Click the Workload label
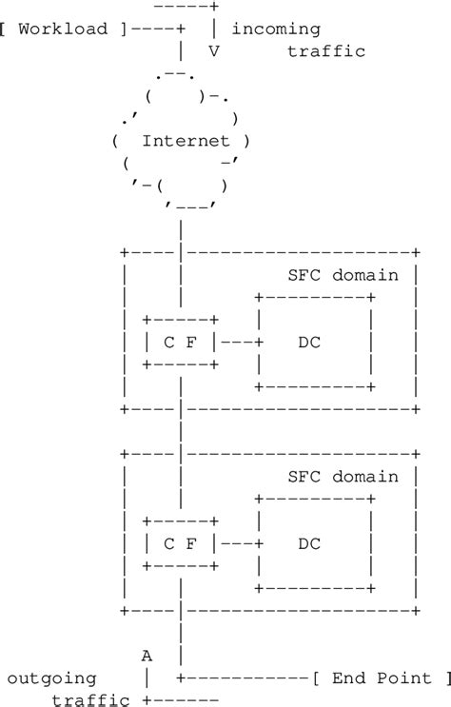(x=63, y=29)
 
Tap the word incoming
(x=276, y=29)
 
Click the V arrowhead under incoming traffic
(x=213, y=51)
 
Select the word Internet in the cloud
(x=186, y=141)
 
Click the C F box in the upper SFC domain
(x=180, y=342)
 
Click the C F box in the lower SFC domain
(x=180, y=543)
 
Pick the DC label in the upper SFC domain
(x=309, y=342)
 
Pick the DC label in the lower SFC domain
(x=309, y=543)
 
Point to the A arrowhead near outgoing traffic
(x=147, y=656)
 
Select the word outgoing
(x=51, y=678)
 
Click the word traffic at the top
(x=325, y=51)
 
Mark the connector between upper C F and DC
(x=238, y=342)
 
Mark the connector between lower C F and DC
(x=238, y=543)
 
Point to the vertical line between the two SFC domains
(x=180, y=430)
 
